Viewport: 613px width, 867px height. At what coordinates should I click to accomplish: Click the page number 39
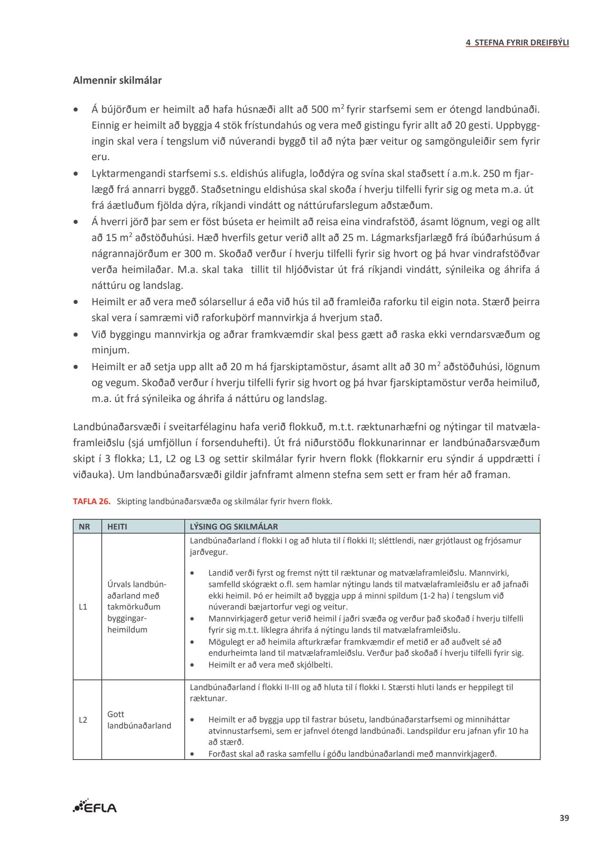[x=564, y=818]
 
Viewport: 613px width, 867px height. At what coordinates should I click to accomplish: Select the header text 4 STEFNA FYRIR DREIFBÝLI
[x=517, y=43]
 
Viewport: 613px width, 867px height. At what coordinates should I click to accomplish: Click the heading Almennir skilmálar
[x=117, y=80]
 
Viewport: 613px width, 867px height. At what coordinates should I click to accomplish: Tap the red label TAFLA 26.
[x=92, y=501]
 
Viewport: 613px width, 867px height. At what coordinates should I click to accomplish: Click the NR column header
[x=84, y=527]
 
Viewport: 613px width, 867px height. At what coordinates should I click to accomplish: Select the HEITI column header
[x=117, y=527]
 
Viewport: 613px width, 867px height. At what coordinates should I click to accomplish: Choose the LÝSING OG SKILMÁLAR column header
[x=234, y=527]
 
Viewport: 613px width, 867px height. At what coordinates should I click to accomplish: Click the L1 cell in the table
[x=83, y=607]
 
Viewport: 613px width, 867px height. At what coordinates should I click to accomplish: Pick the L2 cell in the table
[x=83, y=720]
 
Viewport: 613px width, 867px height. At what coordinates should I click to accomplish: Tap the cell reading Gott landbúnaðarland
[x=139, y=720]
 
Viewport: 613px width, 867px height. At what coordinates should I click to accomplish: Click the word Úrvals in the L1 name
[x=120, y=584]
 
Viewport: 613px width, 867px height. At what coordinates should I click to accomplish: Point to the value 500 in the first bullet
[x=320, y=109]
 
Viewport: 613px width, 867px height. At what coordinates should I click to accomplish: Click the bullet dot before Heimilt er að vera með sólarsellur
[x=76, y=302]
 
